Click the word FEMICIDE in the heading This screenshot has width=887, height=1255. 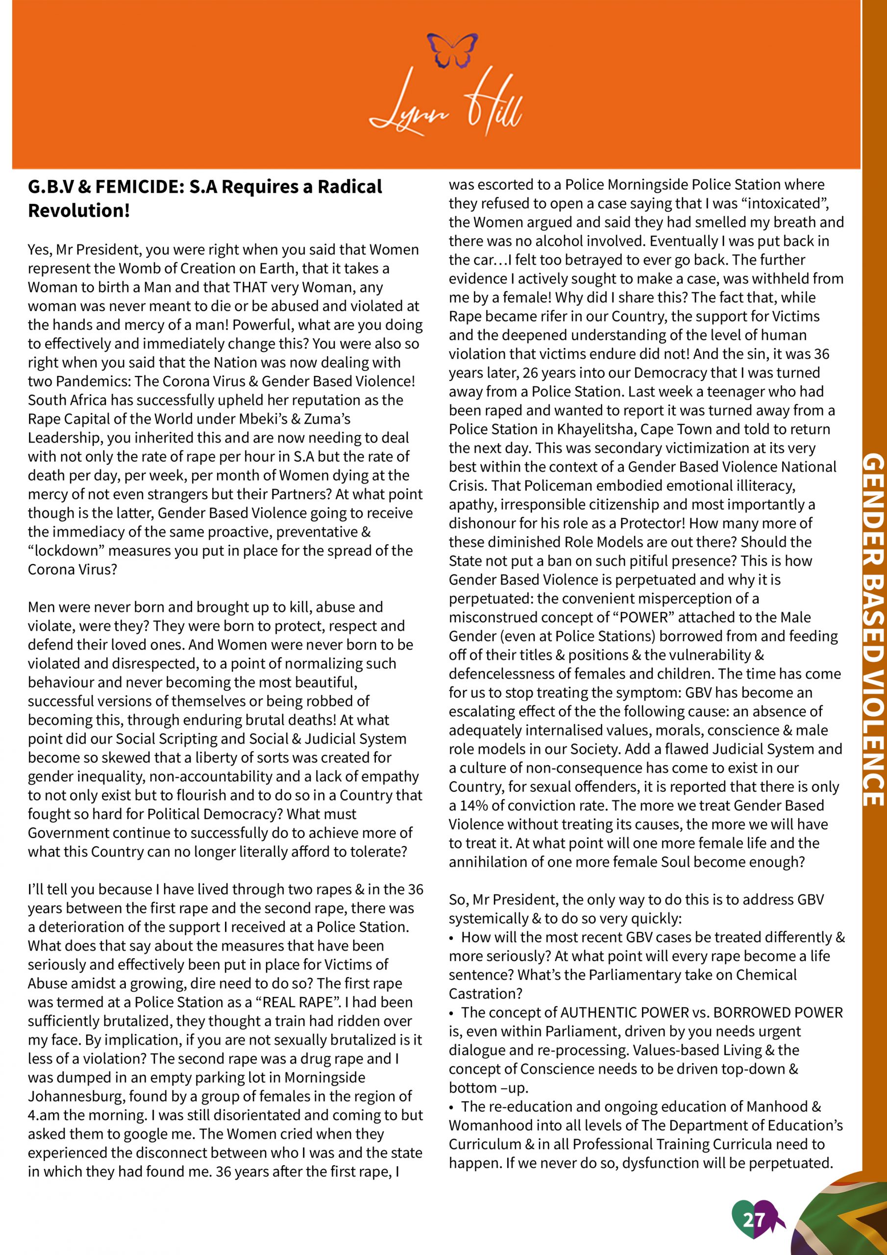(x=140, y=187)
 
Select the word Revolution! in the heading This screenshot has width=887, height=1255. (x=79, y=210)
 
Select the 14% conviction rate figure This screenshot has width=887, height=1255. (x=471, y=805)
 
